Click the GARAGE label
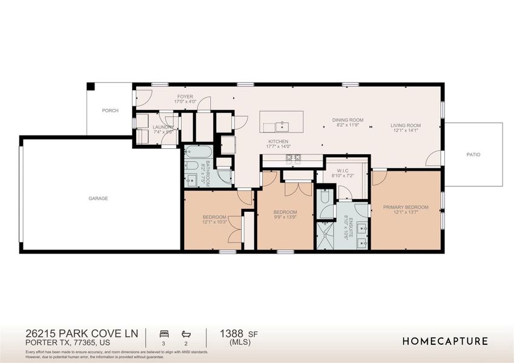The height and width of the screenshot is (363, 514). click(x=97, y=198)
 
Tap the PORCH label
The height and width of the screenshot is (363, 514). click(x=110, y=111)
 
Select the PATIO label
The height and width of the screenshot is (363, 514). click(x=473, y=155)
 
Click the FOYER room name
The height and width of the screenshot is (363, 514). click(x=185, y=97)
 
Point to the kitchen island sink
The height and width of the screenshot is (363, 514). click(x=282, y=126)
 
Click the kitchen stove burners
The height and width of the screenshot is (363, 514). click(x=293, y=159)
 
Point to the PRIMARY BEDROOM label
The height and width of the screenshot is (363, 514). click(x=405, y=207)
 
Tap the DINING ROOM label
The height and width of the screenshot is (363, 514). click(x=348, y=120)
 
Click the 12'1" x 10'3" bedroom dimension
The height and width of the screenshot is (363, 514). click(x=214, y=222)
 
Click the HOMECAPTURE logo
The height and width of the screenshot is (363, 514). click(x=445, y=341)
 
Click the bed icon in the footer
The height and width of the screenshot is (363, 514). click(x=163, y=333)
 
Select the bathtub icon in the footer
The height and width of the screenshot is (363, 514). click(x=186, y=333)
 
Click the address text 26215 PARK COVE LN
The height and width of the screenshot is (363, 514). click(x=82, y=333)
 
